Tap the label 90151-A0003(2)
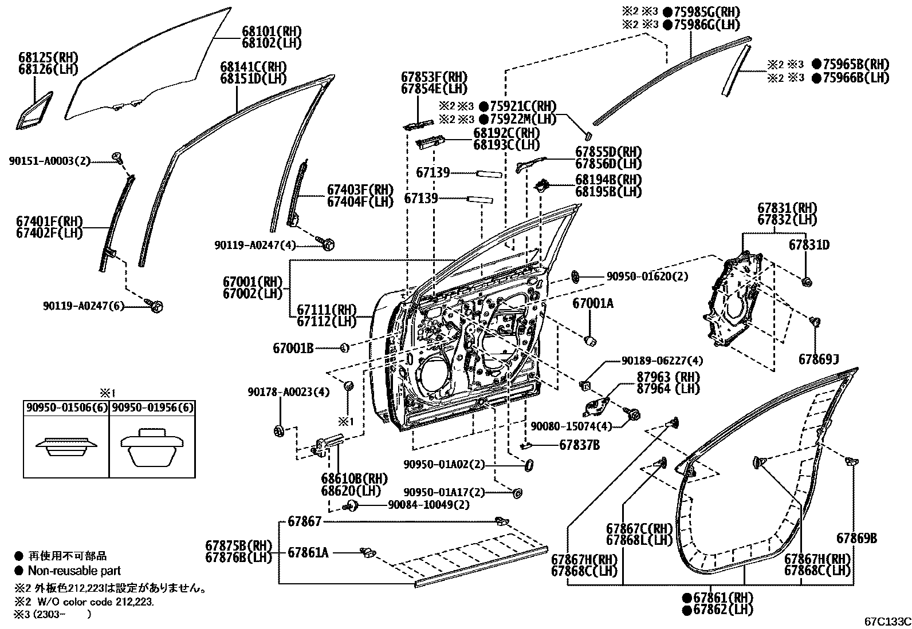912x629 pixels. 50,161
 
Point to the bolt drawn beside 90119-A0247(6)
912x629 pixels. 156,306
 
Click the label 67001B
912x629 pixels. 293,347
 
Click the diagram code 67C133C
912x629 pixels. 887,622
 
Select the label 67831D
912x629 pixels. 809,246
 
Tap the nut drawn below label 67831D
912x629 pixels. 807,281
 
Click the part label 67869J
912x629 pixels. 819,359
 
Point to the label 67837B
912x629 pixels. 579,444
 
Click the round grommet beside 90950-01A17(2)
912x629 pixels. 518,493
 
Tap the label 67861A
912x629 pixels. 308,552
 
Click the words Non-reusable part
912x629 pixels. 74,570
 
